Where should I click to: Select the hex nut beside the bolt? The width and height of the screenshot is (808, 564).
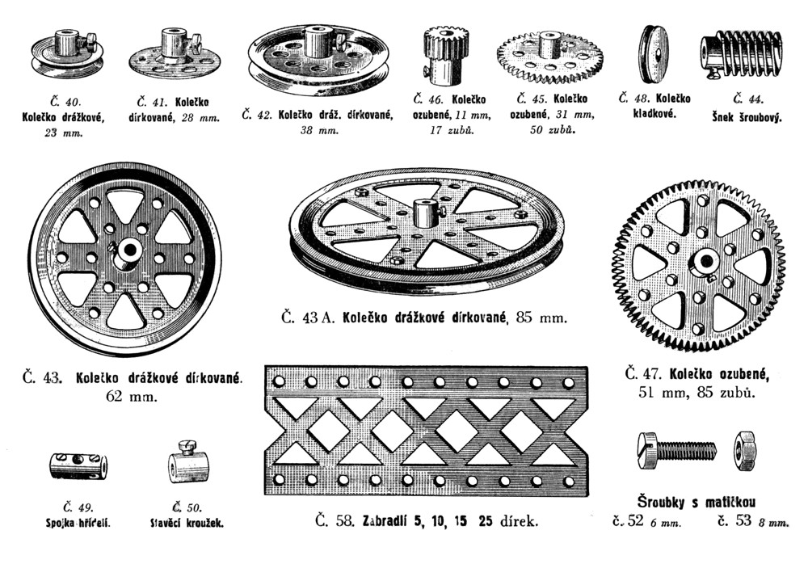click(744, 450)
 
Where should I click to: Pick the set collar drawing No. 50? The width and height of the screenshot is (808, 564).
click(188, 464)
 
